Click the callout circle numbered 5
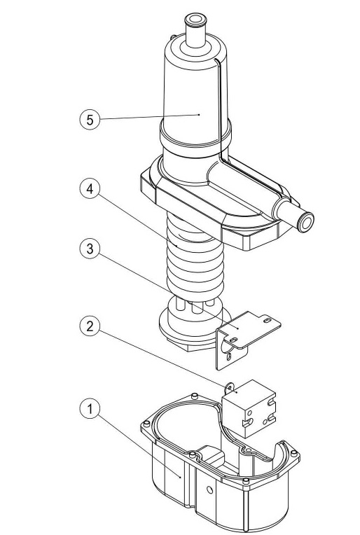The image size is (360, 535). (89, 119)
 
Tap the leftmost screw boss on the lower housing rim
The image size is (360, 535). (144, 424)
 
